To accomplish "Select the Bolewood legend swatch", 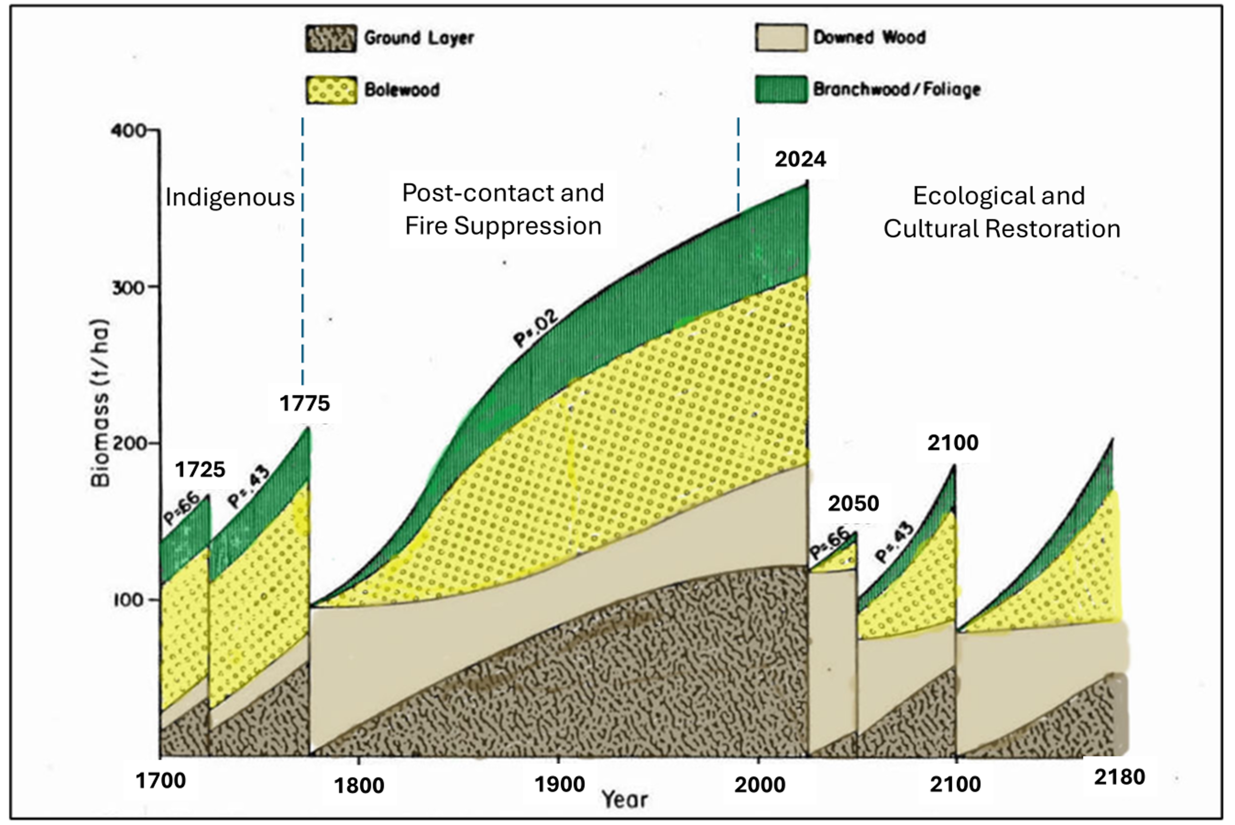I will [x=331, y=89].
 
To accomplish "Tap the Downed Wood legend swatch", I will [x=781, y=37].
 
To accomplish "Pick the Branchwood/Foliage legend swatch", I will [x=781, y=89].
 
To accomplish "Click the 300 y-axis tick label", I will [x=127, y=287].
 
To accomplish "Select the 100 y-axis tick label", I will [x=127, y=600].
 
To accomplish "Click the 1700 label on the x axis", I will [x=161, y=781].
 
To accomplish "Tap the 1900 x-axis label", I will [x=560, y=784].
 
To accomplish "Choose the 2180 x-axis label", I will [x=1119, y=777].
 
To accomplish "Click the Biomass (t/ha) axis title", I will [x=100, y=403].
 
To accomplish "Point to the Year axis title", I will [x=625, y=800].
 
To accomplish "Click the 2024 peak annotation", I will [x=800, y=159].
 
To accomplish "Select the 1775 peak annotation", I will [x=304, y=404].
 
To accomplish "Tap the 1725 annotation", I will [x=200, y=469].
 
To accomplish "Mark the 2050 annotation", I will [x=853, y=503].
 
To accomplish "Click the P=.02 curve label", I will [x=535, y=328].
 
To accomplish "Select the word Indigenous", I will [x=230, y=197].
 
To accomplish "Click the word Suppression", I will [x=528, y=226].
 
